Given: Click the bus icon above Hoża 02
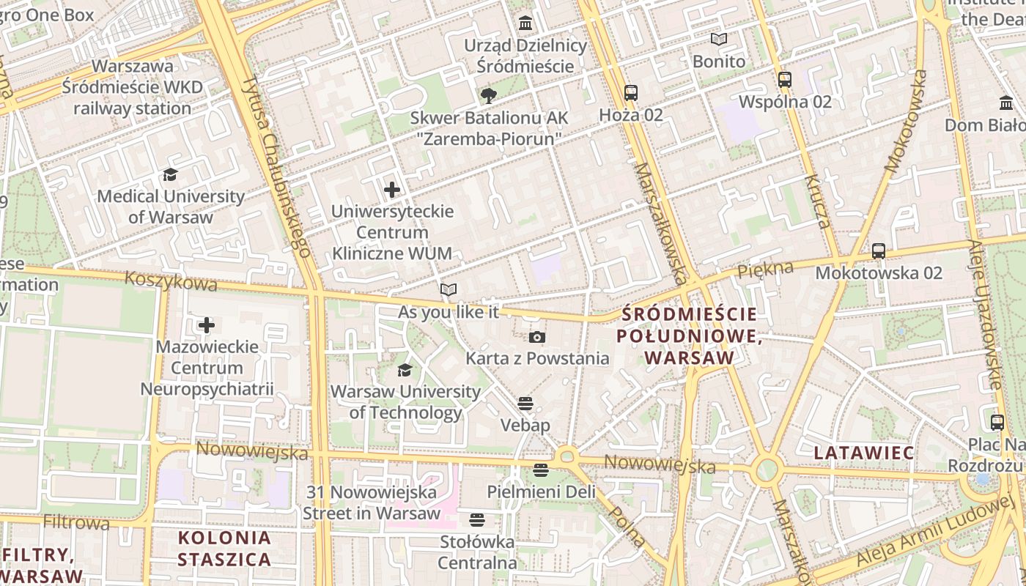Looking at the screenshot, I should pos(631,93).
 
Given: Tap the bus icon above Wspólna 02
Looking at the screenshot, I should pos(785,79).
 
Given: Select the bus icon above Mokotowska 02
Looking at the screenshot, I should pos(879,251).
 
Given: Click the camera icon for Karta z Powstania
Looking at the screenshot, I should pos(537,337).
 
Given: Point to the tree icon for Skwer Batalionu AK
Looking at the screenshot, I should pos(489,95).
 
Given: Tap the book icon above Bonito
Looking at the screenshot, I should pos(719,40).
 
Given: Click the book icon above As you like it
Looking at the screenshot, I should pos(449,290).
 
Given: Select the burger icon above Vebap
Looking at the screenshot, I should pos(525,404).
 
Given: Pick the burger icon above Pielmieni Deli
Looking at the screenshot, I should pos(541,470).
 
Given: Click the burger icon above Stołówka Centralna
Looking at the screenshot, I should pos(477,520).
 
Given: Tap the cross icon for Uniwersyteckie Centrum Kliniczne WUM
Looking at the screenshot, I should pos(392,190).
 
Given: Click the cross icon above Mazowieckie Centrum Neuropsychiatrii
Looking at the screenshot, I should pos(207,324).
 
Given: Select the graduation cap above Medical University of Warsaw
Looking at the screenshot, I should pos(171,174).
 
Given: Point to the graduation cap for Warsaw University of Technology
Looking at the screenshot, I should pos(405,370).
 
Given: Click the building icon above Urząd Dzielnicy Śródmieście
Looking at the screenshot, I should pos(525,23).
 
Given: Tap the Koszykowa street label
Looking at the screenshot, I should pos(171,281).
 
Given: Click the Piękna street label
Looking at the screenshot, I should pos(765,269).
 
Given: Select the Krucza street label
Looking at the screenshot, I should pos(816,201).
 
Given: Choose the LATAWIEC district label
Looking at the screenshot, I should pos(864,453).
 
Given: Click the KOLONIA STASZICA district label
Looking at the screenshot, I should pos(224,549).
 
